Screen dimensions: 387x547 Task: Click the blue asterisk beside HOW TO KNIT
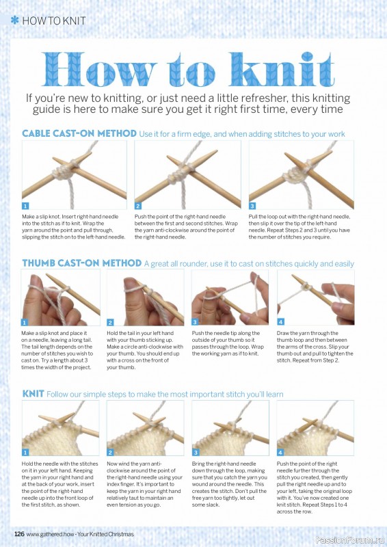pyautogui.click(x=14, y=21)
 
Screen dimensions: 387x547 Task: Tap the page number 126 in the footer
pyautogui.click(x=19, y=534)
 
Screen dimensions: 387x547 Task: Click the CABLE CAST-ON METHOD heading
pyautogui.click(x=79, y=133)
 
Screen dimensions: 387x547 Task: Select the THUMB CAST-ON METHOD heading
pyautogui.click(x=81, y=263)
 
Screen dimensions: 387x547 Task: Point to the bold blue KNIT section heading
pyautogui.click(x=33, y=394)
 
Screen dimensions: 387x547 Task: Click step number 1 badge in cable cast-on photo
pyautogui.click(x=25, y=206)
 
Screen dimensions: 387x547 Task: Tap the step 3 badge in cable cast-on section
pyautogui.click(x=252, y=206)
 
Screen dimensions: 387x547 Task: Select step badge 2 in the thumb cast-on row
pyautogui.click(x=110, y=322)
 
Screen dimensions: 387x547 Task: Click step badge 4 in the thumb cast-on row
pyautogui.click(x=280, y=321)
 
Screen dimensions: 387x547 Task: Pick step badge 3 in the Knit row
pyautogui.click(x=196, y=453)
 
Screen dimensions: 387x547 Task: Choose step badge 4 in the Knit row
pyautogui.click(x=280, y=453)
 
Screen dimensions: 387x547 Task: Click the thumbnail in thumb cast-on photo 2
pyautogui.click(x=129, y=283)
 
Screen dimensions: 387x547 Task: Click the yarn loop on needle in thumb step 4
pyautogui.click(x=306, y=287)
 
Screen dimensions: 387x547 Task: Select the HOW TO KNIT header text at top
pyautogui.click(x=54, y=21)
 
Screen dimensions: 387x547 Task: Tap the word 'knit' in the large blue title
pyautogui.click(x=282, y=69)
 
